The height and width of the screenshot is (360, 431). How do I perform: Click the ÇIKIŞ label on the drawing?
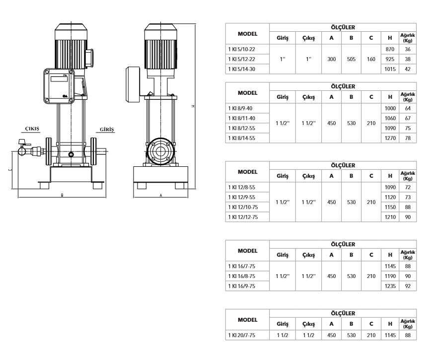point(32,129)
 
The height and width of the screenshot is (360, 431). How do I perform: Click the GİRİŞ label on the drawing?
point(107,130)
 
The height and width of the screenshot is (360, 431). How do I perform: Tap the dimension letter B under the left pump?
point(62,195)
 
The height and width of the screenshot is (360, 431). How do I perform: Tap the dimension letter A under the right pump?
point(161,195)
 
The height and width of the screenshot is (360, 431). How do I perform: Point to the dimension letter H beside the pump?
point(193,106)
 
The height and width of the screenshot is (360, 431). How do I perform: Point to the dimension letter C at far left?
point(10,170)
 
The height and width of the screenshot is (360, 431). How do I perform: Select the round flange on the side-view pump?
point(160,151)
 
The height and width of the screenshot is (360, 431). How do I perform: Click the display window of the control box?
point(59,79)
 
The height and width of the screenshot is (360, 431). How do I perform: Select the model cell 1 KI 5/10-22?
point(242,49)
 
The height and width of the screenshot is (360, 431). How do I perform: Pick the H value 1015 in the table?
point(390,69)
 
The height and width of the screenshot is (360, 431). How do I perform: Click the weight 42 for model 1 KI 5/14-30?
point(408,69)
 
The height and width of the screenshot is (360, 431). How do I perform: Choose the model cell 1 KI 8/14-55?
point(242,138)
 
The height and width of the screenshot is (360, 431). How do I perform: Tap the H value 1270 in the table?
point(390,138)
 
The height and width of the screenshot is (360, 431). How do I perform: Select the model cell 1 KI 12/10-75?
point(243,207)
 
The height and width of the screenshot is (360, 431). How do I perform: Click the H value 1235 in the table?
point(390,286)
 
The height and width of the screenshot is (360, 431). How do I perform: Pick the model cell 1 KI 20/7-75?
point(242,335)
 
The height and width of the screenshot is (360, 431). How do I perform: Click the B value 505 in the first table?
point(351,59)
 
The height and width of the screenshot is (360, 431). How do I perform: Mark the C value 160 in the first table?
point(371,59)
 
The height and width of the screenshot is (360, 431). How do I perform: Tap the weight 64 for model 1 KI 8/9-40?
point(408,108)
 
